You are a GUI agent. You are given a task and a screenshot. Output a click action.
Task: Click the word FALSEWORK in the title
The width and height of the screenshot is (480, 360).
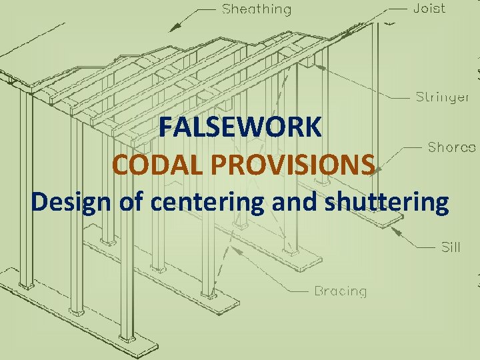click(241, 127)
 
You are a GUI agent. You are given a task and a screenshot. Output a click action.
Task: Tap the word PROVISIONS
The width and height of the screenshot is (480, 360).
click(286, 164)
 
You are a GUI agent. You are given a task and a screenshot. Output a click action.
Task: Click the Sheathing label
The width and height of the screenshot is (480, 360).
click(257, 9)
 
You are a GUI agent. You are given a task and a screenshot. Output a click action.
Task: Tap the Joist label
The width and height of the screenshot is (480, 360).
click(430, 9)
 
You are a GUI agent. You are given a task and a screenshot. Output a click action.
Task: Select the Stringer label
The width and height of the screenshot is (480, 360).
click(443, 97)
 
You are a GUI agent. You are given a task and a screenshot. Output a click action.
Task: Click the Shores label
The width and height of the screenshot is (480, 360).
click(451, 147)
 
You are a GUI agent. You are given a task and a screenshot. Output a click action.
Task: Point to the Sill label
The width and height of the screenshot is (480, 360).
click(451, 248)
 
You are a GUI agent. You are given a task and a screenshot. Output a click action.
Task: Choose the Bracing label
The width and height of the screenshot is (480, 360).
click(340, 291)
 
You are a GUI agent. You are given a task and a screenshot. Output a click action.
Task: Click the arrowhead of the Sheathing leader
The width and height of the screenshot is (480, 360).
click(174, 29)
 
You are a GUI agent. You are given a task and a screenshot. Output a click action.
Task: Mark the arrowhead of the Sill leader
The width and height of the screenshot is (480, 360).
click(395, 229)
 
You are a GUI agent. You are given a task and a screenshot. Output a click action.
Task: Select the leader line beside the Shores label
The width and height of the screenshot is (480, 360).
click(414, 146)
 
